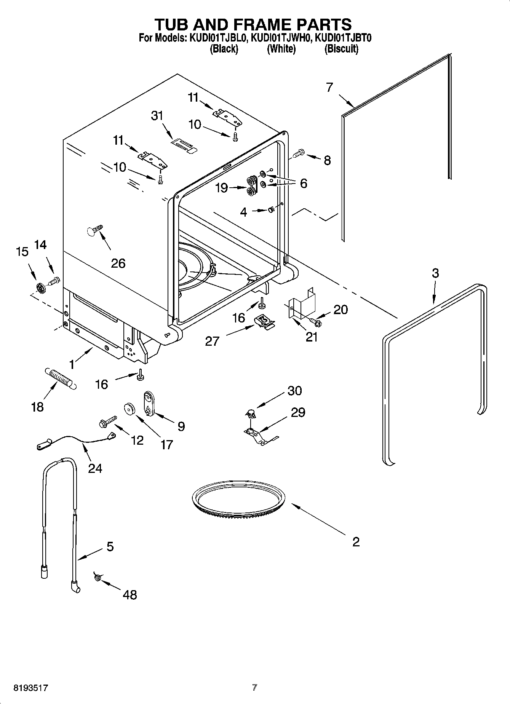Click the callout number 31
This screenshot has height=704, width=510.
point(157,116)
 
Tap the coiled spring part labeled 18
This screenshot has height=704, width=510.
point(61,378)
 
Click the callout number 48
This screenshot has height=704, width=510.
point(130,594)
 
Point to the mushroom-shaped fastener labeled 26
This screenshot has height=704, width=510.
point(94,230)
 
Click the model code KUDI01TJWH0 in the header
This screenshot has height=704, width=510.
point(282,38)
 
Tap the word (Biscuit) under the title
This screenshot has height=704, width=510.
point(341,49)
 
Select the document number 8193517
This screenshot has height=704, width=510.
point(30,688)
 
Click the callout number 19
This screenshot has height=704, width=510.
point(222,188)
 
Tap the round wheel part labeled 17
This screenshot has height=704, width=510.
point(130,409)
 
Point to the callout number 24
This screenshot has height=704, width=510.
point(95,468)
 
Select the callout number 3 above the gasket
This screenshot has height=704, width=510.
point(435,273)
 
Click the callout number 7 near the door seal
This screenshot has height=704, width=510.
point(329,88)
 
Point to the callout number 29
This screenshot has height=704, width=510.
point(298,412)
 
